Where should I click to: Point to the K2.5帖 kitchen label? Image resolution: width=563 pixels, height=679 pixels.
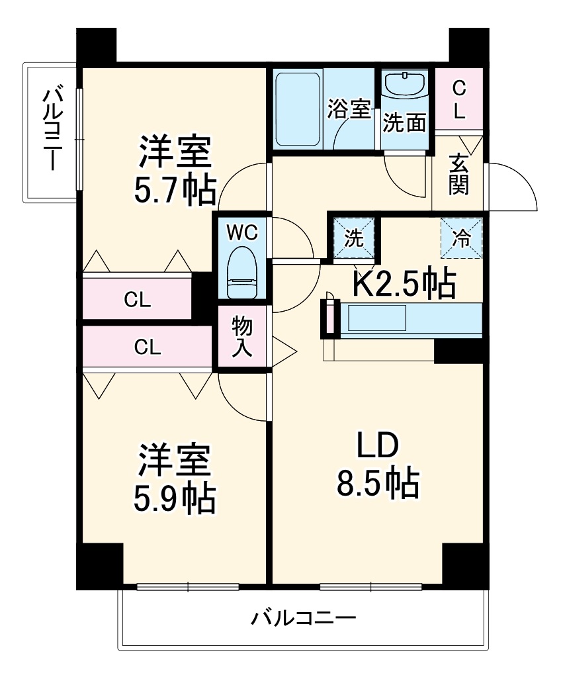tap(403, 283)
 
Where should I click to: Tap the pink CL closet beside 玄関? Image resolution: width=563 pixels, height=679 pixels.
tap(459, 99)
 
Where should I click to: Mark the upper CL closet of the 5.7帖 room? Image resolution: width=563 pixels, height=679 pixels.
tap(138, 300)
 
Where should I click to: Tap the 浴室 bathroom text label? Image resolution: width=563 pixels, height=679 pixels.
tap(349, 109)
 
